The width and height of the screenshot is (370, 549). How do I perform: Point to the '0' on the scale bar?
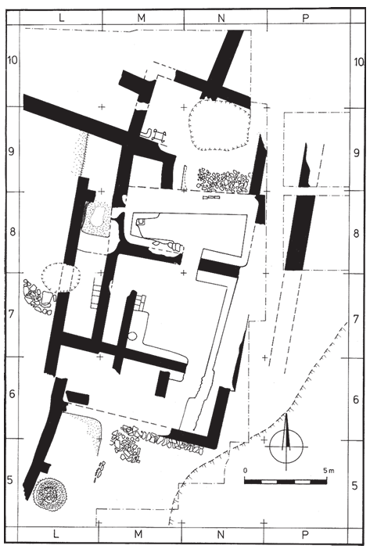(246, 470)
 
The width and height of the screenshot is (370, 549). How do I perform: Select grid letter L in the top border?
(61, 17)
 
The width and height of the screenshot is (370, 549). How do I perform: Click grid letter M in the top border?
(141, 17)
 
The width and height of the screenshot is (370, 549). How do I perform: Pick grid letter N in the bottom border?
(220, 534)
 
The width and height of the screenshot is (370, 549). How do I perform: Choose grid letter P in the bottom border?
(305, 534)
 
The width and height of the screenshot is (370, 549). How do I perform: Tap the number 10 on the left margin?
(12, 60)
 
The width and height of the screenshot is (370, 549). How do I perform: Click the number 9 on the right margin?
(357, 153)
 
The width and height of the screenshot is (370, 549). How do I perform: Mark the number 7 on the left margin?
(12, 314)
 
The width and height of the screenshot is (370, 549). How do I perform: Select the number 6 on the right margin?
(357, 399)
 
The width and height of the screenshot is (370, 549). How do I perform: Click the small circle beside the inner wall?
(131, 335)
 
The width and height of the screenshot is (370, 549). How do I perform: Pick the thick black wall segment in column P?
(300, 232)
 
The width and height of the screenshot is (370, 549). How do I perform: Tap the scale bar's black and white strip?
(286, 482)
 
